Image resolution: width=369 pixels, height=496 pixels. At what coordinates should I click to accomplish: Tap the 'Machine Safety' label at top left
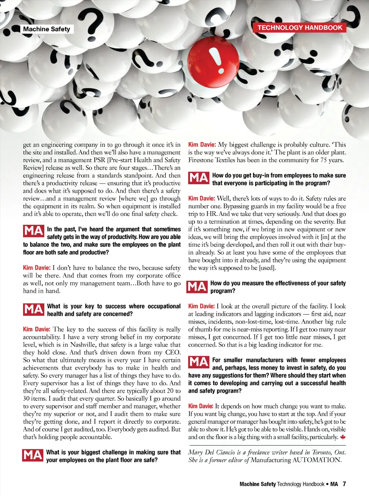click(46, 29)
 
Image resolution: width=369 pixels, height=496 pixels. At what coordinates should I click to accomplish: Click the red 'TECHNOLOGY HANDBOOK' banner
click(300, 28)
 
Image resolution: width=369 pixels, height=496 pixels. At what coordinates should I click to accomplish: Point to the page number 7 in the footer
click(344, 484)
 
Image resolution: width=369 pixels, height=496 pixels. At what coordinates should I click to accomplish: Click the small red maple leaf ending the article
click(343, 437)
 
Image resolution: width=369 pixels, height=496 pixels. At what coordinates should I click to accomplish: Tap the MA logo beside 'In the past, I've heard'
click(34, 231)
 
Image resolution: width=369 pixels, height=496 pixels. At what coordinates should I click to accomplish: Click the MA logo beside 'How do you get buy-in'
click(199, 178)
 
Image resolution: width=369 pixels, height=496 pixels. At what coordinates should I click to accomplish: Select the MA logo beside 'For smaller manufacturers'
click(199, 362)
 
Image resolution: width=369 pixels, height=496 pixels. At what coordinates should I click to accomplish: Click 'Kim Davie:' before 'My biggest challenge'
click(202, 145)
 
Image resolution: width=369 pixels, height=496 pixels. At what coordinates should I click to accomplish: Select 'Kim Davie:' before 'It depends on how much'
click(201, 406)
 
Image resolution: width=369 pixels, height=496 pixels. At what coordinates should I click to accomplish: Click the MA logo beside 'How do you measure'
click(197, 287)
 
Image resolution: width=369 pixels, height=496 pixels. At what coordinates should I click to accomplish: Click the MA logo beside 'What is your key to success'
click(34, 309)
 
